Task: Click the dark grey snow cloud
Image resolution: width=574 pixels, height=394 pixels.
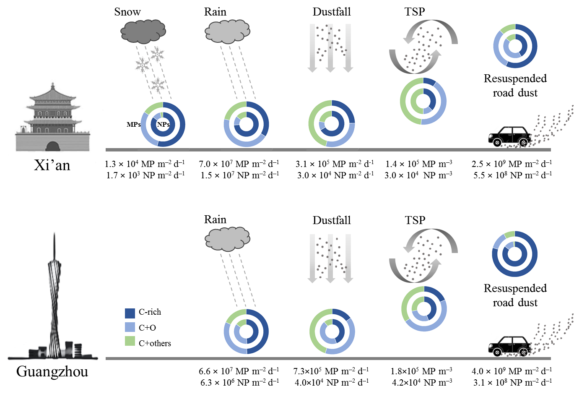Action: tap(143, 31)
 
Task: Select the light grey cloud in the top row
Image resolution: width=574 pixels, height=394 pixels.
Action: tap(227, 32)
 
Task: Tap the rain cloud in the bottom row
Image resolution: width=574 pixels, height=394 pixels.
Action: tap(227, 239)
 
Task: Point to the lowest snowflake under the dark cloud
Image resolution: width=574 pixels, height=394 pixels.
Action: tap(158, 85)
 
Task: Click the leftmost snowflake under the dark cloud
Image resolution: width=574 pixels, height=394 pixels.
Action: tap(143, 65)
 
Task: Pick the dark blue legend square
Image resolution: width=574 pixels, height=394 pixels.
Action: tap(130, 313)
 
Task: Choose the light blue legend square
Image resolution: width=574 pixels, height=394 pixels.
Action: tap(130, 327)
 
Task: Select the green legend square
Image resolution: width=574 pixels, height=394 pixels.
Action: tap(130, 341)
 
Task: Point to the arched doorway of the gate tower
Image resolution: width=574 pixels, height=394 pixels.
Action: tap(52, 146)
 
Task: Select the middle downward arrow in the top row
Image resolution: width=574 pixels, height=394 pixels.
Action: tap(330, 48)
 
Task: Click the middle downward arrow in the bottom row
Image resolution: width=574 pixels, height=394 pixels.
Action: tap(330, 258)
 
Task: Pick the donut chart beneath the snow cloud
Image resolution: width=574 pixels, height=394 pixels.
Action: tap(163, 125)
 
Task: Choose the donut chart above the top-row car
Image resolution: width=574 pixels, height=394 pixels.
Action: tap(515, 46)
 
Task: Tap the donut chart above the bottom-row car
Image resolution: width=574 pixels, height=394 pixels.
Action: tap(514, 254)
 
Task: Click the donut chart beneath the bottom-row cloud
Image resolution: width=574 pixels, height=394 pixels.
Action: tap(246, 331)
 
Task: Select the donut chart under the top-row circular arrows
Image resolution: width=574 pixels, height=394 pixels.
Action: tap(423, 101)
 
